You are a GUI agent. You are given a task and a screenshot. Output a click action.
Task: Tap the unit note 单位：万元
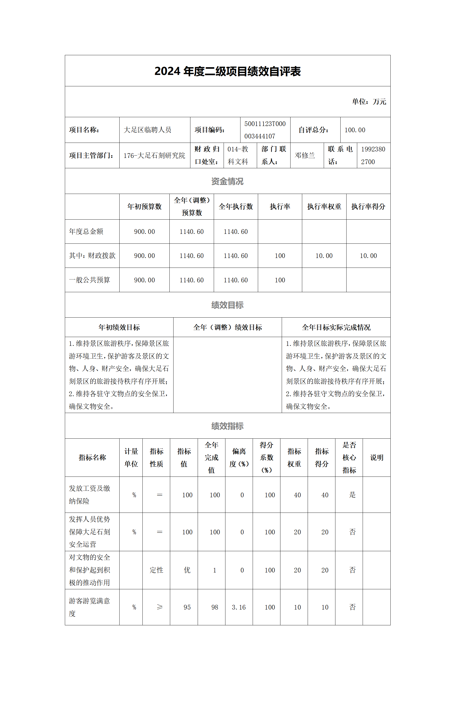[369, 102]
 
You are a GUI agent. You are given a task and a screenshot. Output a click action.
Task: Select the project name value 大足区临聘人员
[147, 130]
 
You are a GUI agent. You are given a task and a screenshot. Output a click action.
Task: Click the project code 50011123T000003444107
[265, 130]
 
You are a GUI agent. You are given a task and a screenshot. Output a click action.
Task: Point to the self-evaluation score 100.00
[355, 130]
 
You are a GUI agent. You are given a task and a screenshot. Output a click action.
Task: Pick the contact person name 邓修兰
[305, 156]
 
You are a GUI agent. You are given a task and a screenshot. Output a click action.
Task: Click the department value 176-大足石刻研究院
[154, 156]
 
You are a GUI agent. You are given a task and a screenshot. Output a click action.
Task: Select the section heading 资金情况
[228, 181]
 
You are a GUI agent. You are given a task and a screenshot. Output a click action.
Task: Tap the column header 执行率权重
[324, 207]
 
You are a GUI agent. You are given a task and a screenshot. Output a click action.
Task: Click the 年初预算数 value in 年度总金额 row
[144, 232]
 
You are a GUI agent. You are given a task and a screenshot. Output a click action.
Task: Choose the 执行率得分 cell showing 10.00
[368, 256]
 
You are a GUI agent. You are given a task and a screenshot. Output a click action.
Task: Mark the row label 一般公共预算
[89, 280]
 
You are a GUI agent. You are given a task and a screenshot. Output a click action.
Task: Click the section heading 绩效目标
[228, 305]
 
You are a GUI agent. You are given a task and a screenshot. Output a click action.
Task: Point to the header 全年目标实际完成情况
[336, 327]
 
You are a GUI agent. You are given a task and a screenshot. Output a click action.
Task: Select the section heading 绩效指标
[228, 426]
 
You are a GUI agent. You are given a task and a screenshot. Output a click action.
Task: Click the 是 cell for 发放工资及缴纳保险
[352, 495]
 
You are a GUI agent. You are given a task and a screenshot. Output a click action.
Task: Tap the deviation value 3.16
[239, 607]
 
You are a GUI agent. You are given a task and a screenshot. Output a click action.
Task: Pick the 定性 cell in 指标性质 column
[156, 570]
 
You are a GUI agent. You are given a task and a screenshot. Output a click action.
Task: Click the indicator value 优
[187, 570]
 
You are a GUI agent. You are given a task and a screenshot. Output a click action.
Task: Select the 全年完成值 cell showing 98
[215, 607]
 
